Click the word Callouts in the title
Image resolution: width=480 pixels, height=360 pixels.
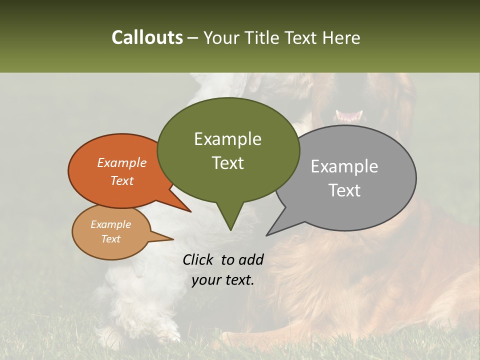[x=147, y=37]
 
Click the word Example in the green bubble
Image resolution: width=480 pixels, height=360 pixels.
[x=227, y=139]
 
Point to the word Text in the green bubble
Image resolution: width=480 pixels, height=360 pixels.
[x=227, y=163]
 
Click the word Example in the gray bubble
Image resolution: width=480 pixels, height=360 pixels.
[x=344, y=166]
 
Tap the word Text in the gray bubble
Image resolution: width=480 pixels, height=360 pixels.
[x=344, y=190]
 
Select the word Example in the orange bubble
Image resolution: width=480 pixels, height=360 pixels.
[x=121, y=162]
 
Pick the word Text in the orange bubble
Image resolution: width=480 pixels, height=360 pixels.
[x=121, y=180]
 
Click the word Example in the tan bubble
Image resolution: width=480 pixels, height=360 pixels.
[x=110, y=224]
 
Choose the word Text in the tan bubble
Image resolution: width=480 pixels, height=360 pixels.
[x=110, y=239]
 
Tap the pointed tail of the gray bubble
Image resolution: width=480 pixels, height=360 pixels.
[x=268, y=233]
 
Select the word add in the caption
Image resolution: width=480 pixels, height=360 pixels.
[x=251, y=259]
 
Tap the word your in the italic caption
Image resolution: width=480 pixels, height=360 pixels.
[x=206, y=280]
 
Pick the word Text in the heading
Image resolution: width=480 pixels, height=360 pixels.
[x=301, y=37]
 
